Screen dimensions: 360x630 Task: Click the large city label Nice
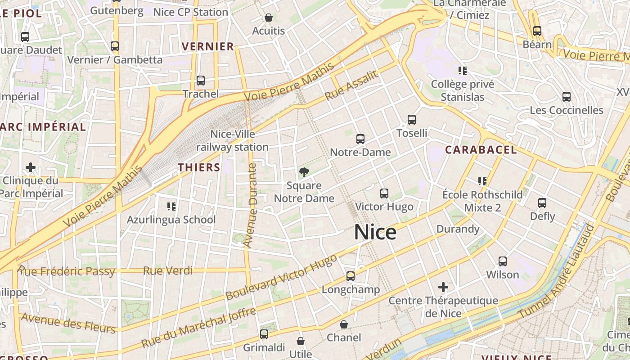click(375, 232)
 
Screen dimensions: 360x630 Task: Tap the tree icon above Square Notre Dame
click(304, 172)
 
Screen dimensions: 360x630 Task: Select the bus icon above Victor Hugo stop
click(384, 193)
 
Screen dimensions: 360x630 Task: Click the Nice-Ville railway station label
click(232, 140)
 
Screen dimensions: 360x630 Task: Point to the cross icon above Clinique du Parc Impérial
click(31, 168)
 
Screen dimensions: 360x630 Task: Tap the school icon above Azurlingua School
click(171, 207)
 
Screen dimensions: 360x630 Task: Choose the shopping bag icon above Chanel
click(344, 324)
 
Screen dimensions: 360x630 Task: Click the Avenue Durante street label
click(250, 205)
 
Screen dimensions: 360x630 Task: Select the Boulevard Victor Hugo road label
click(281, 277)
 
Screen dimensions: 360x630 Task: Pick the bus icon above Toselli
click(412, 120)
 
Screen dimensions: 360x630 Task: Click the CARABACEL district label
click(481, 150)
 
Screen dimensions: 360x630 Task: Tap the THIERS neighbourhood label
click(199, 168)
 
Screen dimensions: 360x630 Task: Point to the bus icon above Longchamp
click(351, 276)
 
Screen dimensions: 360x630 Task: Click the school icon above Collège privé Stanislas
click(462, 71)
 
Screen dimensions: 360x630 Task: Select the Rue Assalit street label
click(351, 86)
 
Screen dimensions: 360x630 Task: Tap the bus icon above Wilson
click(503, 261)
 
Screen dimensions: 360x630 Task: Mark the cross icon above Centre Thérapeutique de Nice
click(443, 287)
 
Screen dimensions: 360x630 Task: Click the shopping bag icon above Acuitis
click(269, 18)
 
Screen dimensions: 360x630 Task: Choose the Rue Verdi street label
click(168, 271)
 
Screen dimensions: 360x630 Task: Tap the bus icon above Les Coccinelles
click(567, 97)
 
